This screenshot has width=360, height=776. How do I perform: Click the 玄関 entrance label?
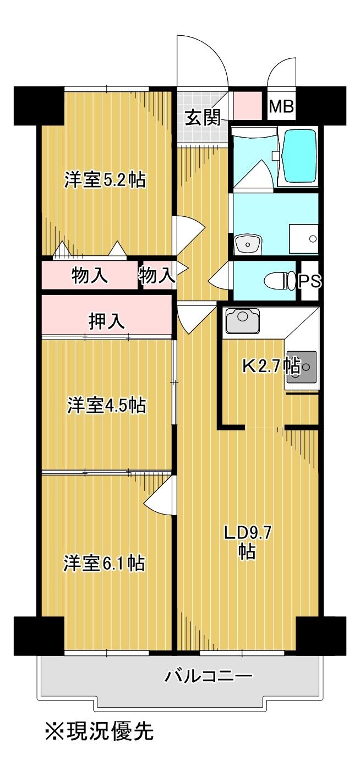[203, 117]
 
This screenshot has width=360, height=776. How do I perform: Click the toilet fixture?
[281, 281]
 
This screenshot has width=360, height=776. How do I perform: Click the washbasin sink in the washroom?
[248, 242]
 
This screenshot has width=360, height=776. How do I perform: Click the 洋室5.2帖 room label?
[105, 180]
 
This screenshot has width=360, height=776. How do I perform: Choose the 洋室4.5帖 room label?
[106, 405]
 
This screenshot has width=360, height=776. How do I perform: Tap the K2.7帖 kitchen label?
[271, 365]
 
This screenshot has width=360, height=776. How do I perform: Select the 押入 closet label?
[107, 321]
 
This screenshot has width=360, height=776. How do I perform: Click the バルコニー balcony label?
[209, 675]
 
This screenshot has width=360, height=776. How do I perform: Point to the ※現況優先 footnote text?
[99, 731]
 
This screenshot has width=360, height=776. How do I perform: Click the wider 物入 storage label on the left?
[89, 276]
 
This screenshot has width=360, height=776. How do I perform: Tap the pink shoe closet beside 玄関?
[247, 106]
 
